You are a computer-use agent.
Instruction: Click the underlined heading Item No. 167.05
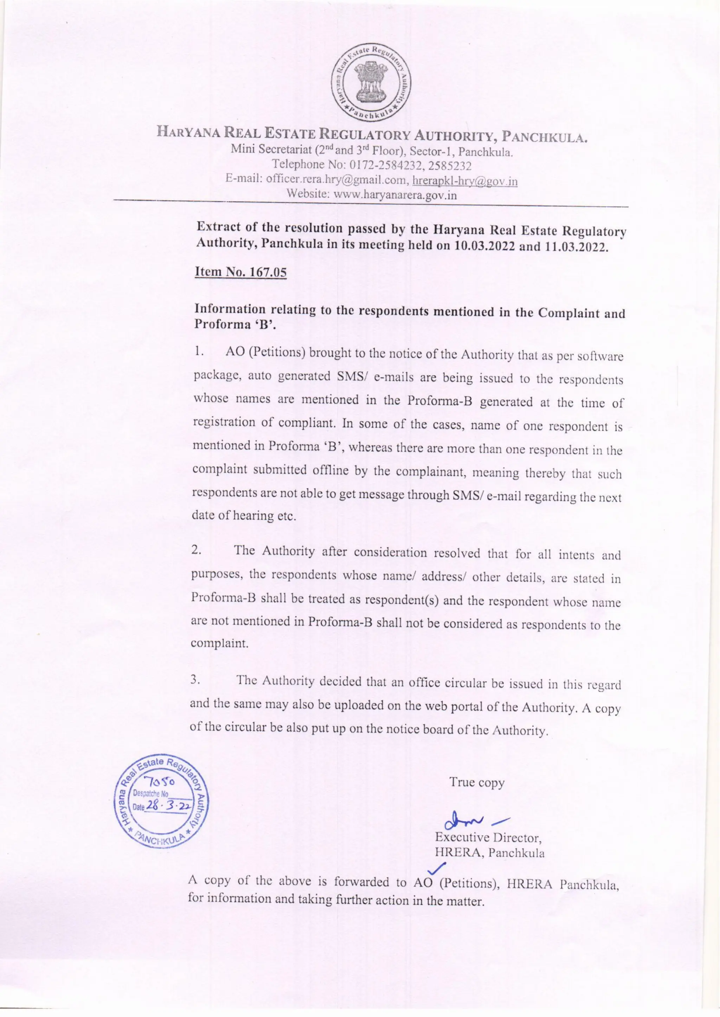click(241, 272)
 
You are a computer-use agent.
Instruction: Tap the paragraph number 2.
click(196, 550)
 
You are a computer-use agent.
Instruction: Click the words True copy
click(477, 783)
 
